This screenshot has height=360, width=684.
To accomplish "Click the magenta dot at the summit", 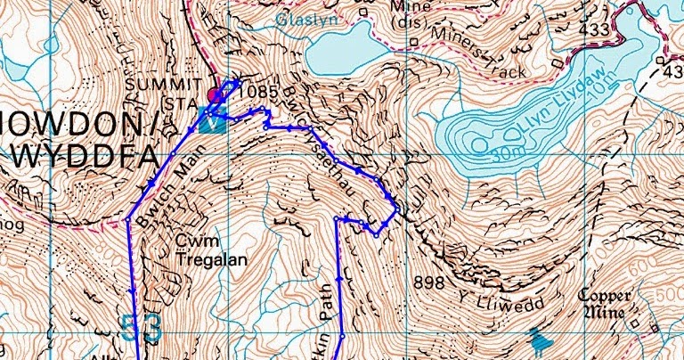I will [x=214, y=95].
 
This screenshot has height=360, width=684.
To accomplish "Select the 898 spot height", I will [x=428, y=282].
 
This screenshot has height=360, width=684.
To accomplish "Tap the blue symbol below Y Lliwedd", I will [x=537, y=339].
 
